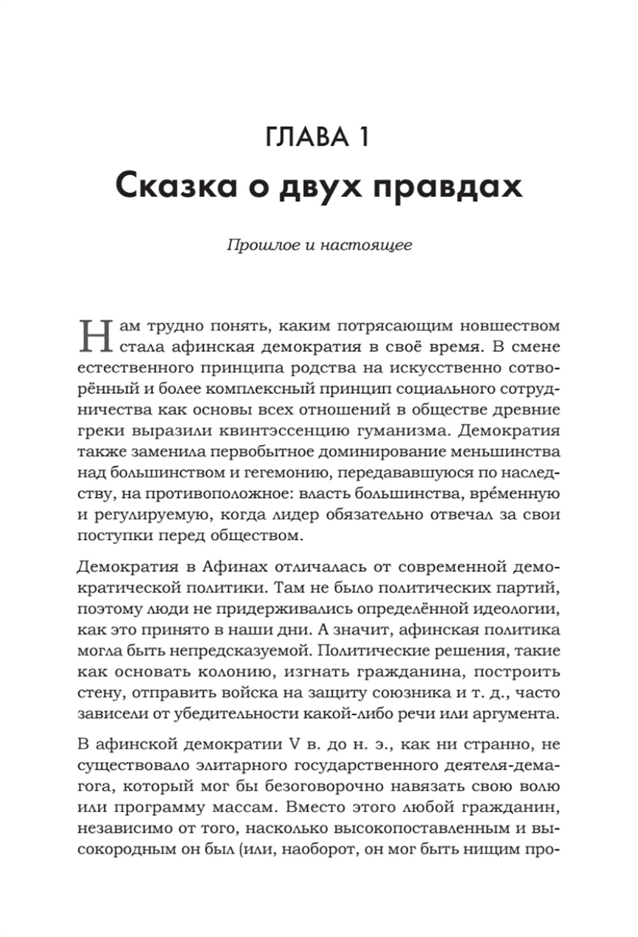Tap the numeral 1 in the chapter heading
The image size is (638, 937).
[363, 137]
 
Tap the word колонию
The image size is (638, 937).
[232, 672]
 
